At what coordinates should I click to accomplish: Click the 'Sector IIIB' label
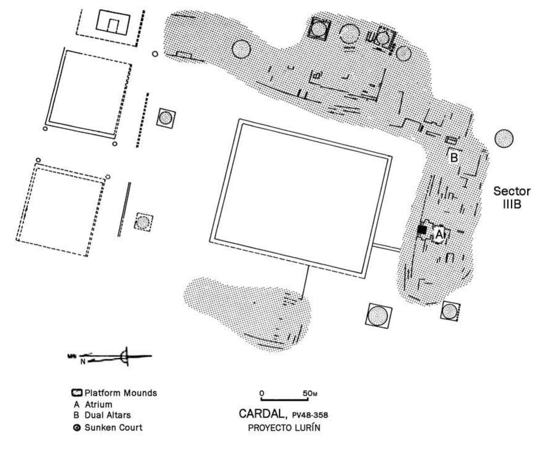511,197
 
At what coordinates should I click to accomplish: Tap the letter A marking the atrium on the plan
439,234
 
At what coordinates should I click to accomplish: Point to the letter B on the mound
454,158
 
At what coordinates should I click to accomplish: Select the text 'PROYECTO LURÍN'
284,428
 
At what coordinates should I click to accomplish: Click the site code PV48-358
310,415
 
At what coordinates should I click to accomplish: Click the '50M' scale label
310,394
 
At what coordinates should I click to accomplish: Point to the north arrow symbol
125,356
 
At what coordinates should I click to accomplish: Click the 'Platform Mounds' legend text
121,393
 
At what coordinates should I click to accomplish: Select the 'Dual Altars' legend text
108,415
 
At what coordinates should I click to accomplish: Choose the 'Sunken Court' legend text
113,428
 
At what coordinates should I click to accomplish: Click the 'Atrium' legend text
98,405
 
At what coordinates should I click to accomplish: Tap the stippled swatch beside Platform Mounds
77,393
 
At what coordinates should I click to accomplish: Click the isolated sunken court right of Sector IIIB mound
504,139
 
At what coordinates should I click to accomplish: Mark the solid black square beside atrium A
422,230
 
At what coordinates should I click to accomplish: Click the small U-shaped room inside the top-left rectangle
113,25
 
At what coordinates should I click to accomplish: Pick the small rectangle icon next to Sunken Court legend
77,428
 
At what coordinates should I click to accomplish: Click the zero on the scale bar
262,393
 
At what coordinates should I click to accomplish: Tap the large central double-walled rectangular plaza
301,198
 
